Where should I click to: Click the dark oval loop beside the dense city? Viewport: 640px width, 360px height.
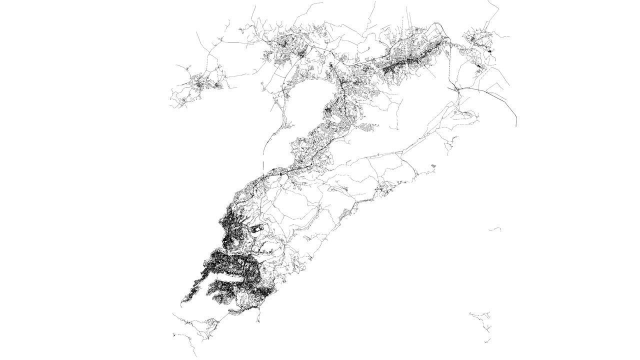pyautogui.click(x=257, y=229)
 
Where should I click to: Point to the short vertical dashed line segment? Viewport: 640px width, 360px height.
pyautogui.click(x=262, y=167)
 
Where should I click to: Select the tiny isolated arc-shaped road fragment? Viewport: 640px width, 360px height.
pyautogui.click(x=495, y=229)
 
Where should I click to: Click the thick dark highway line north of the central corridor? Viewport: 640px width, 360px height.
pyautogui.click(x=344, y=95)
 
